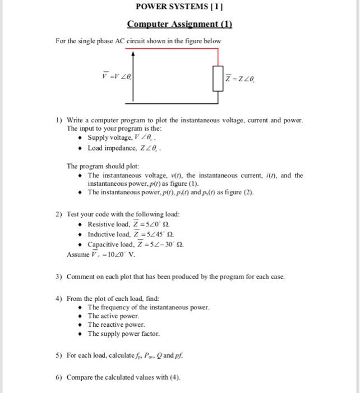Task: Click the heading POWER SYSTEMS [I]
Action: (179, 8)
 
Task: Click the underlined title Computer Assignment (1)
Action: (179, 24)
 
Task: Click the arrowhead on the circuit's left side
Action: (133, 54)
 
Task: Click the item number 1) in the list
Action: (58, 121)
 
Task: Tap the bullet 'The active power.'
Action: (113, 316)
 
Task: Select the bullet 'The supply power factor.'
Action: (123, 334)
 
